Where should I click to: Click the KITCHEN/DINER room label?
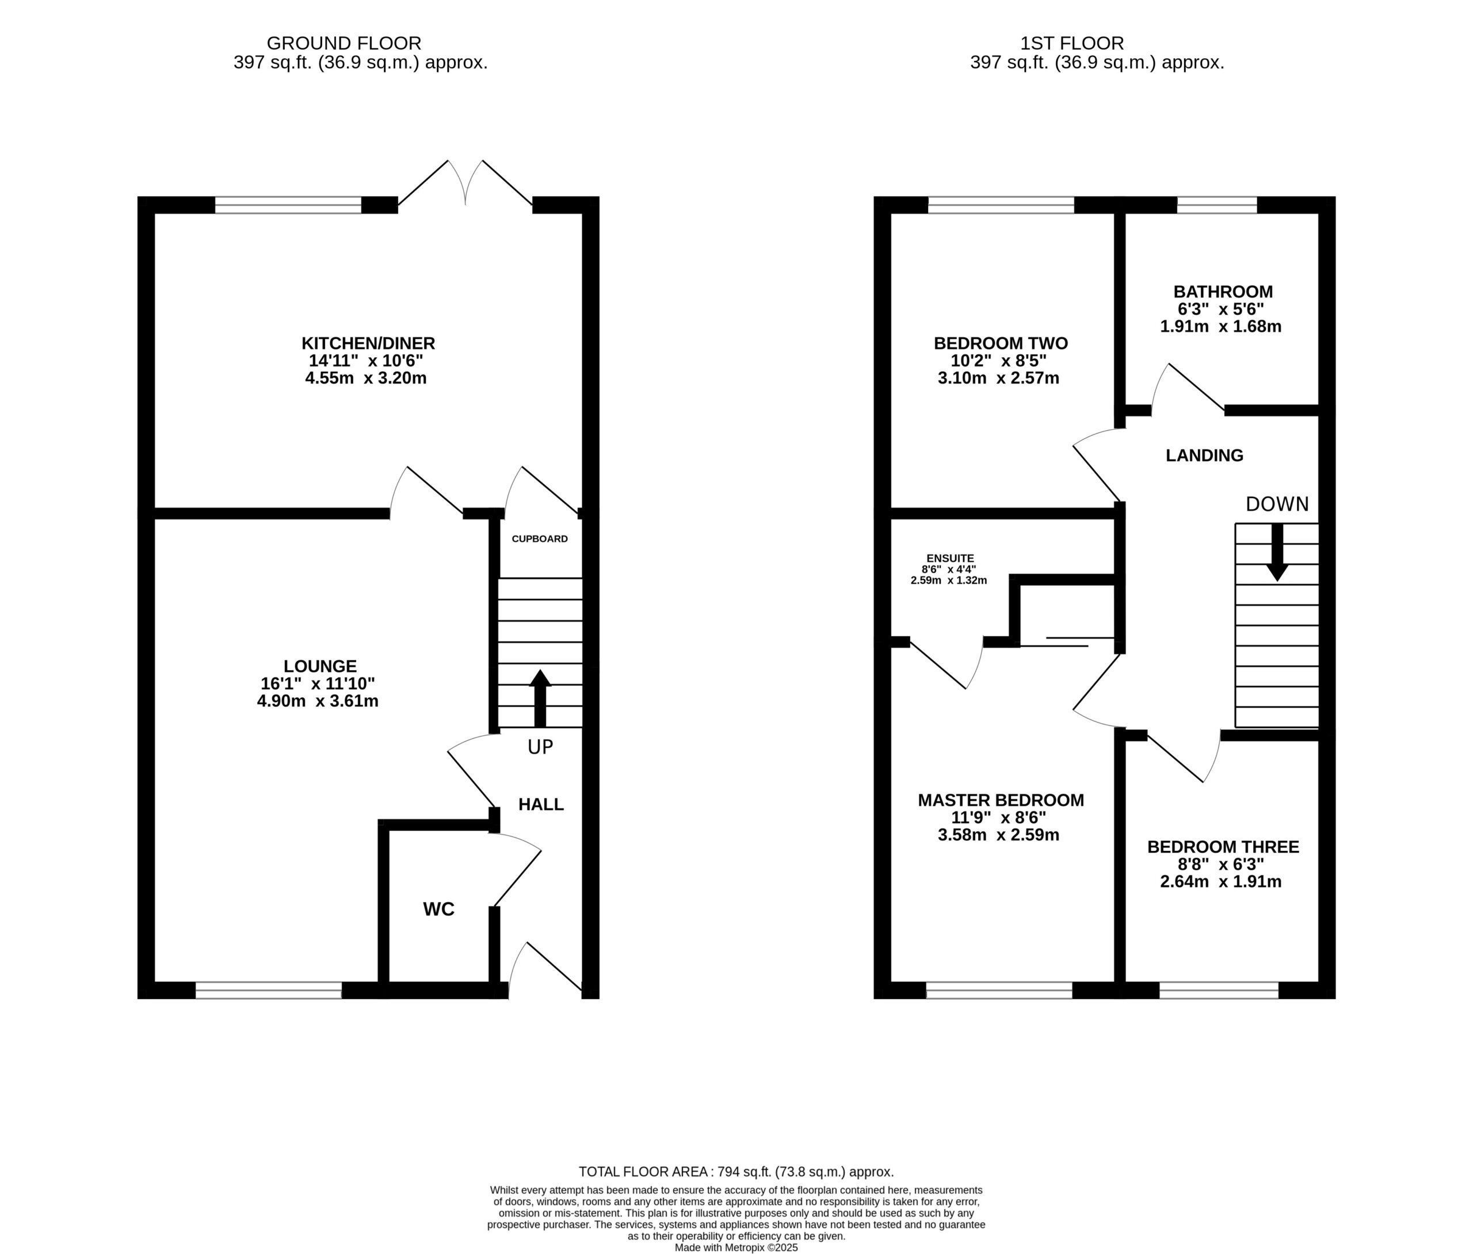368,343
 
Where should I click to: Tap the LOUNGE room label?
320,666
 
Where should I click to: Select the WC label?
438,909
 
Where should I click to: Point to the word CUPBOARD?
540,539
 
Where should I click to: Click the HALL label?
541,804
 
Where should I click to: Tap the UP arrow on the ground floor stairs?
540,698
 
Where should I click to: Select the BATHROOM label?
1223,292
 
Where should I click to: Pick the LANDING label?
1204,456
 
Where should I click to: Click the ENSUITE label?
950,559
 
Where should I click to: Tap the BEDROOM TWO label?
1000,343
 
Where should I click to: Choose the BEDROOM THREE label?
1223,847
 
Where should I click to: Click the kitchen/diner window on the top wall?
288,205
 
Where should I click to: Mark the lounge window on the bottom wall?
268,991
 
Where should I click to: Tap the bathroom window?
1217,205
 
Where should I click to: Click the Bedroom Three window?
1219,991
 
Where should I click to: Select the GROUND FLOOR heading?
344,43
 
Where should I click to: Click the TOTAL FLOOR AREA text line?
736,1172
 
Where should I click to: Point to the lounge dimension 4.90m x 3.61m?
317,701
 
